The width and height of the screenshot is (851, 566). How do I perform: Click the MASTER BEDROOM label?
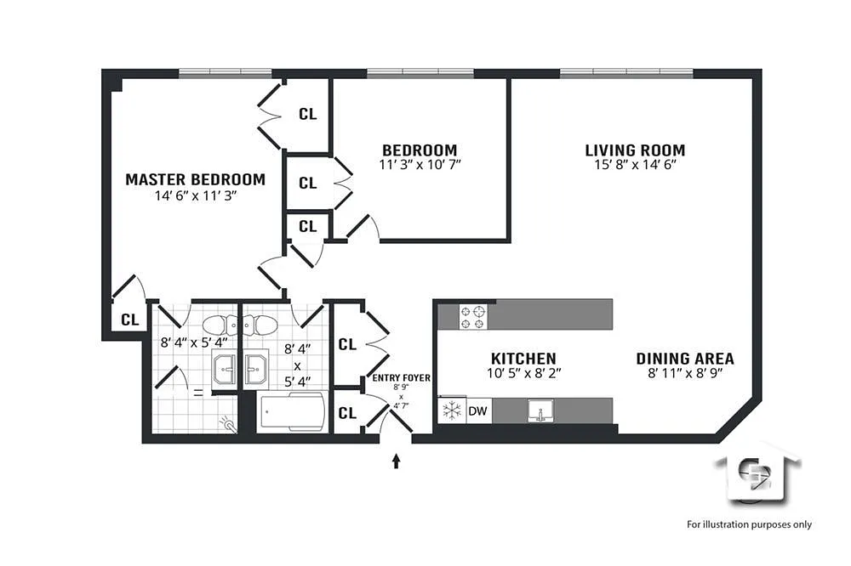click(196, 179)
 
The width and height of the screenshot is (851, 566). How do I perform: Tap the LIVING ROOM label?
click(635, 150)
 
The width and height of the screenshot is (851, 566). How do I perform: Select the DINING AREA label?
click(685, 359)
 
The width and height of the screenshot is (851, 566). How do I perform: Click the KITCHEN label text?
click(523, 359)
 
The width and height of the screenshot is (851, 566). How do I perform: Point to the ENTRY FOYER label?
click(401, 378)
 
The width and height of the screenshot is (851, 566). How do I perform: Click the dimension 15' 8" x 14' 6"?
click(635, 165)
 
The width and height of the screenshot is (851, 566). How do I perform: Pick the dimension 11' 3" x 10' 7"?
click(420, 164)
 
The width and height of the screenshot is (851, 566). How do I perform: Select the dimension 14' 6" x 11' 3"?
click(196, 195)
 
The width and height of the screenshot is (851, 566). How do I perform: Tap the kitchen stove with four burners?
click(472, 317)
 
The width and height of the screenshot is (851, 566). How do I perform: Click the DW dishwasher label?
click(477, 411)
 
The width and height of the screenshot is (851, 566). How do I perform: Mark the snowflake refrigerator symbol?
click(452, 410)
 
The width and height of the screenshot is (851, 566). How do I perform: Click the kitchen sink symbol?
click(541, 410)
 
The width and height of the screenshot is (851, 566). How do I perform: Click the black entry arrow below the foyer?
click(397, 461)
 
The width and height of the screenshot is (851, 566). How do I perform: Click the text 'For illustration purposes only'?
click(749, 524)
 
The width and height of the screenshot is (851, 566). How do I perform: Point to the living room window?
click(626, 73)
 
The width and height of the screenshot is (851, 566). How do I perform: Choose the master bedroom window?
click(226, 73)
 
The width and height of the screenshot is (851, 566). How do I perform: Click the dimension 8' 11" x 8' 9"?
click(685, 373)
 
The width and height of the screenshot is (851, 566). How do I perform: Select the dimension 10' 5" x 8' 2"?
click(523, 373)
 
